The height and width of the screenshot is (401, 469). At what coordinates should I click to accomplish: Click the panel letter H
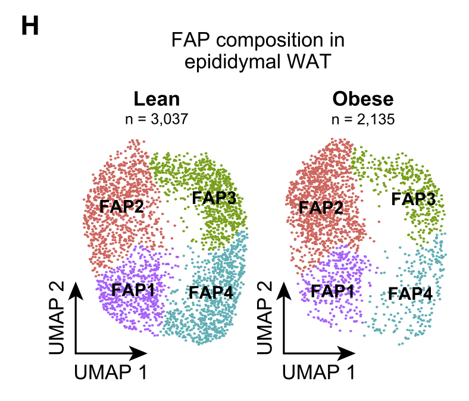coord(30,26)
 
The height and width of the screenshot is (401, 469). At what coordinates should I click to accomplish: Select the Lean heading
coord(157,98)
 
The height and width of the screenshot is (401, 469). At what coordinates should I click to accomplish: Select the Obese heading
coord(363,98)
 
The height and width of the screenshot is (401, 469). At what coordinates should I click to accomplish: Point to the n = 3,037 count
coord(157,118)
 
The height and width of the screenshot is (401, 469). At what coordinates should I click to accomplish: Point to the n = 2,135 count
coord(363,118)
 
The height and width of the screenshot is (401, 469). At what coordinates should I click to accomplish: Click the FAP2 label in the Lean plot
coord(123,207)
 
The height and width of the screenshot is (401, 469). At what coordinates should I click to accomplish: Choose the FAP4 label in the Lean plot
coord(211,292)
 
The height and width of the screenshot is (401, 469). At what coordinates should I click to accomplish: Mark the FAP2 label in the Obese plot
coord(321,208)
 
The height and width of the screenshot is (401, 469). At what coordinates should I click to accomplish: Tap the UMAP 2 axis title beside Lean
coord(58,318)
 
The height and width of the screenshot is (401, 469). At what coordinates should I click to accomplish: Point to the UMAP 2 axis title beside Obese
coord(266,318)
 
